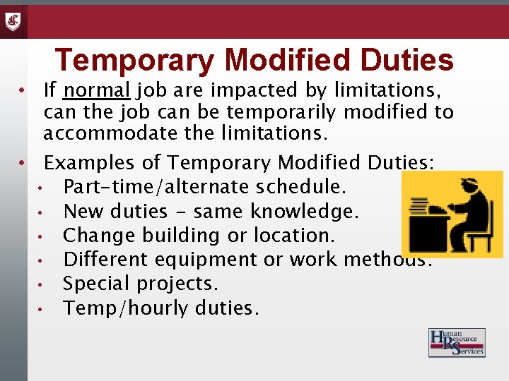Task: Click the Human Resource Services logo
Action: click(x=457, y=343)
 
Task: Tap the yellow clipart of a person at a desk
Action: click(x=452, y=214)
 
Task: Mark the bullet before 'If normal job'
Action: click(x=23, y=91)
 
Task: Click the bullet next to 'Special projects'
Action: click(x=43, y=284)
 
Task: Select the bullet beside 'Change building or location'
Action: click(x=43, y=236)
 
